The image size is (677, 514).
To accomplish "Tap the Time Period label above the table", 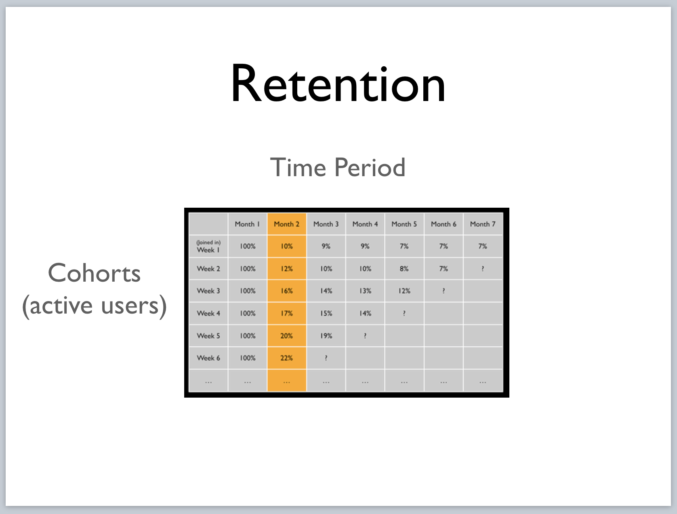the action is [x=338, y=167].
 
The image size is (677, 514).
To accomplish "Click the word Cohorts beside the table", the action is [x=94, y=273].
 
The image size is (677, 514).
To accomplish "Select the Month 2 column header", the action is [x=286, y=224].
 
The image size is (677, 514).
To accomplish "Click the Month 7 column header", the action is [x=483, y=224].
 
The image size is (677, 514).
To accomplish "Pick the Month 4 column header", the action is [x=365, y=224].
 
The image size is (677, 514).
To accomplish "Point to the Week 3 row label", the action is [x=208, y=291].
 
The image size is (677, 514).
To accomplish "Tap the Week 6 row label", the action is [x=208, y=358].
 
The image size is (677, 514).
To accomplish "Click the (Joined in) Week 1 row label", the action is [x=208, y=246].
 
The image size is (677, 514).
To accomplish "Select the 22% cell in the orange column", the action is [x=286, y=358].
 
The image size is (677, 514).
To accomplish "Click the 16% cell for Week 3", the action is [x=286, y=291].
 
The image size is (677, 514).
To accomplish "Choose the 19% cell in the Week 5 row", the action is [x=326, y=336].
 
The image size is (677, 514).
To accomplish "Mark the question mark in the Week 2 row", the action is [x=483, y=269].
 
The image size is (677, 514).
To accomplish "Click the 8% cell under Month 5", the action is [x=404, y=269].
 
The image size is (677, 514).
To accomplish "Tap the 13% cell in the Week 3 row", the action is [x=365, y=291].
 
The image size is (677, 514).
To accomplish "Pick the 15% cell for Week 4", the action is [x=326, y=313].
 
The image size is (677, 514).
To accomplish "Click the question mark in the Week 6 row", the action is [x=326, y=358].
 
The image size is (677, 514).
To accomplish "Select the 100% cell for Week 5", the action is [x=248, y=336].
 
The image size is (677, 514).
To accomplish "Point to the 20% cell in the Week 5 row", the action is [x=286, y=336].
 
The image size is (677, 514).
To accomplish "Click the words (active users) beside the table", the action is [x=95, y=306].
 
